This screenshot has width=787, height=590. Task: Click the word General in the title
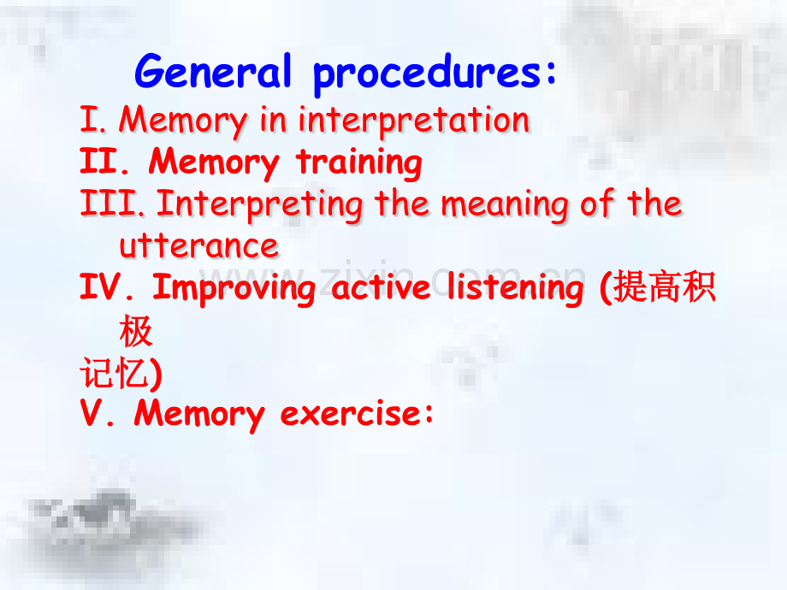pos(213,71)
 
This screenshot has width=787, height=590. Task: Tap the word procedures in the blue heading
pos(428,74)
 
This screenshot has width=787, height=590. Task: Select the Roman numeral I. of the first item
pos(93,120)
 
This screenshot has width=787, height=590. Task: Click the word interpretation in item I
pos(414,121)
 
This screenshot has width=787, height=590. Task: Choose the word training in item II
pos(359,162)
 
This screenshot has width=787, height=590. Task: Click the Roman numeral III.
pos(112,203)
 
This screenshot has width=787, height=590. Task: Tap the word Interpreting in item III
pos(260,205)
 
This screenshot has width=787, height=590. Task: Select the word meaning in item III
pos(505,205)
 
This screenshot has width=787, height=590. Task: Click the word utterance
pos(198,246)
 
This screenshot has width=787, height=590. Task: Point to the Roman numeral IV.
pos(107,287)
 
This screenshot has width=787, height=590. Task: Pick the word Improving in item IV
pos(234,289)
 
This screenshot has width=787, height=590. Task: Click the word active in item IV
pos(381,287)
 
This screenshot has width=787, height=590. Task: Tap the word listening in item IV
pos(516,289)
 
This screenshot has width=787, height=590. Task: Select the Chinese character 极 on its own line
pos(136,331)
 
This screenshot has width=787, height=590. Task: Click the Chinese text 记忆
pos(115,373)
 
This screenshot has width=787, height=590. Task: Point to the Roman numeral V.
pos(98,413)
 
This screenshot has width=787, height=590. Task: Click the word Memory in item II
pos(214,162)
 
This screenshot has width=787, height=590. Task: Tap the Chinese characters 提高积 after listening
pos(665,287)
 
